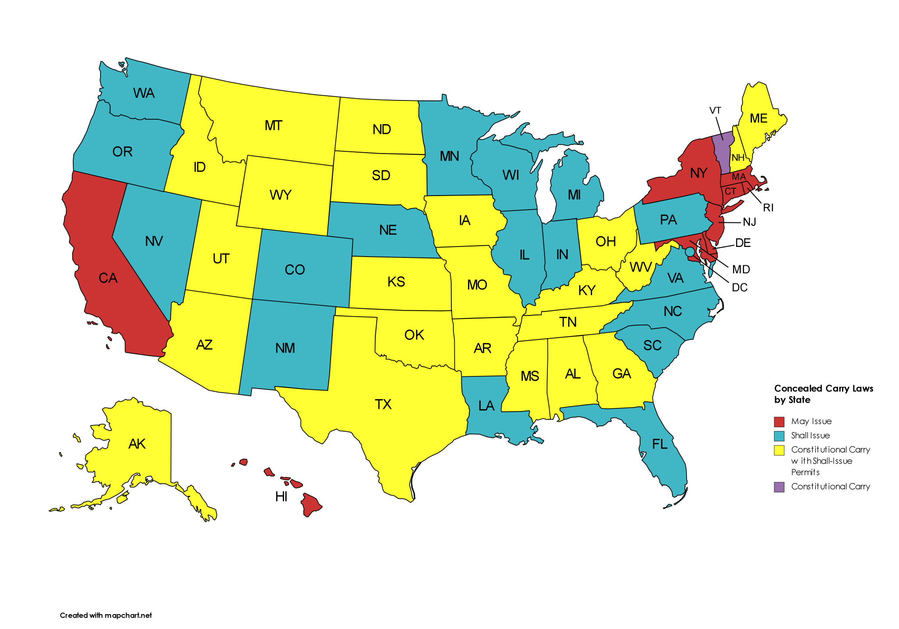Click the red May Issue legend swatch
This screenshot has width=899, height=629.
(779, 422)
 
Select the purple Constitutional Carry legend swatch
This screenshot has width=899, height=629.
(779, 487)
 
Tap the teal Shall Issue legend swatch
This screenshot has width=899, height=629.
(779, 436)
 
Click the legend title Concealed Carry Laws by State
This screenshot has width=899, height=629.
(823, 394)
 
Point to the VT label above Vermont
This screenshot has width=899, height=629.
(715, 111)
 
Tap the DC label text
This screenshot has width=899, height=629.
(740, 288)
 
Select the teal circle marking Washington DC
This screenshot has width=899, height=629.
(690, 251)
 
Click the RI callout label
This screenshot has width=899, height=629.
(768, 207)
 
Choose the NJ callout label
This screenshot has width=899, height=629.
(749, 222)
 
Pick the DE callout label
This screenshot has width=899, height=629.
(743, 243)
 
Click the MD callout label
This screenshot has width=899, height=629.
(741, 269)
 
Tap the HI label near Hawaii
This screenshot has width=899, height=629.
(281, 497)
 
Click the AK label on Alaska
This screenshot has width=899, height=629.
(137, 444)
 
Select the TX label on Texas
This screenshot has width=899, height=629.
(383, 404)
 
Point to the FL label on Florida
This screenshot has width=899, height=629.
(660, 444)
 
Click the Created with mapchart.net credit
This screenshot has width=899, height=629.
(106, 615)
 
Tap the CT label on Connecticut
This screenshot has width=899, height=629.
(730, 191)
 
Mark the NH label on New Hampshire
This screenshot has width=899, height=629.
(738, 158)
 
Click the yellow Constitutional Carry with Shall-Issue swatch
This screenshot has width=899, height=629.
(779, 450)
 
